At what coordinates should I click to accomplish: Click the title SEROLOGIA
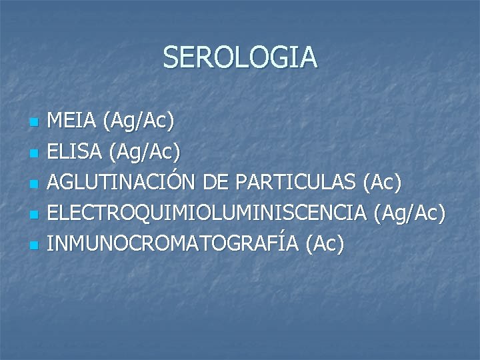240,57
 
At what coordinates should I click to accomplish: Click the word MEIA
73,121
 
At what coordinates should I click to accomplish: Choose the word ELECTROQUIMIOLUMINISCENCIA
207,213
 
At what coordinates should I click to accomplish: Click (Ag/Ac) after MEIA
139,122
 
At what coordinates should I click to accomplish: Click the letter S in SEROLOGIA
171,57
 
